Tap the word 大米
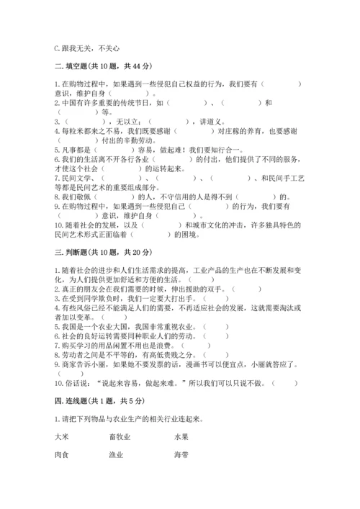coord(61,436)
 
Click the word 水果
coord(181,436)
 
